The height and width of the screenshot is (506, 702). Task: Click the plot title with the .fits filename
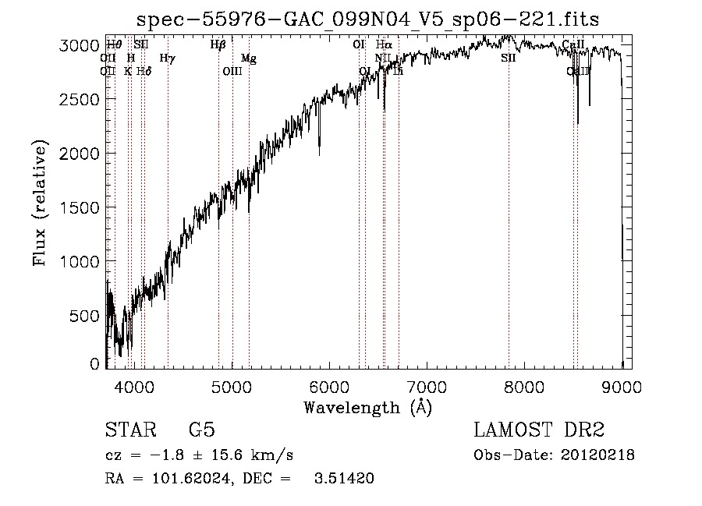(368, 19)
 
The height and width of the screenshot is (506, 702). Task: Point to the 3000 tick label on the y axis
(80, 46)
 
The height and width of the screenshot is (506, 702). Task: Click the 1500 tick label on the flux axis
(80, 208)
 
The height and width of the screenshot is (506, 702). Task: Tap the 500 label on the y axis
(85, 316)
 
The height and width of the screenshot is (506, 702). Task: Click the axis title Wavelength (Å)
(367, 407)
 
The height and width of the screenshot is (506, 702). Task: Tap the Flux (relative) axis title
(40, 203)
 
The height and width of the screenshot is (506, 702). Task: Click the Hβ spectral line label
(218, 45)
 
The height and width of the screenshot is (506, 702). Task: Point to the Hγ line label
(167, 58)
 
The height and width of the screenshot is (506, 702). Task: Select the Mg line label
(248, 58)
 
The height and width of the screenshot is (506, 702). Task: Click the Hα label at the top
(384, 45)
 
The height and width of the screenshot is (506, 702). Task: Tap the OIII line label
(232, 71)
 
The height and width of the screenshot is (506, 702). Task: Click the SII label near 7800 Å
(509, 58)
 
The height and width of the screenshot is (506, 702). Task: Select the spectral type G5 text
(202, 430)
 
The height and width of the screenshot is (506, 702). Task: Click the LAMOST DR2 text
(538, 430)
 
